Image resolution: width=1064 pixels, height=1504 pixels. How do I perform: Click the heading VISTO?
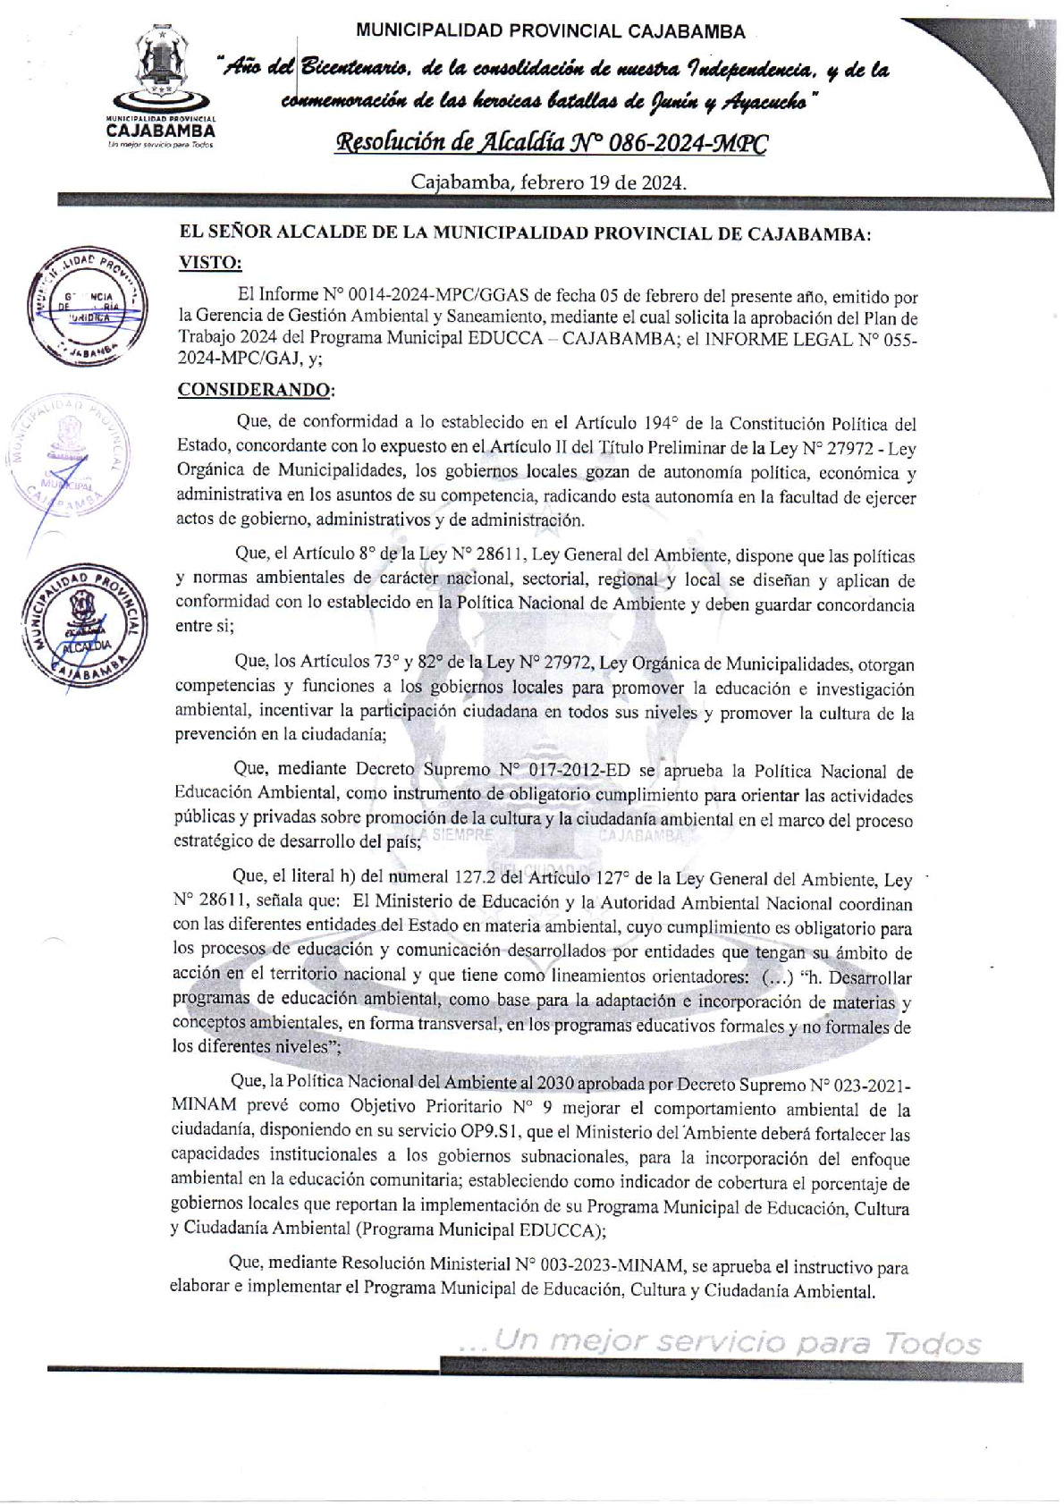coord(210,262)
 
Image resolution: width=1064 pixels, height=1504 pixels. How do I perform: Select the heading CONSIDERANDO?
coord(254,390)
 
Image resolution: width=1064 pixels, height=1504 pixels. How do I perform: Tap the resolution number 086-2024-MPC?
coord(691,143)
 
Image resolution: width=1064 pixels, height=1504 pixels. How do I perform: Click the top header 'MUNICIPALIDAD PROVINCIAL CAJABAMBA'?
coord(550,32)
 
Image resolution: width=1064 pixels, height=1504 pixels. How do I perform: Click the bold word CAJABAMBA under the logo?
coord(161,130)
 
